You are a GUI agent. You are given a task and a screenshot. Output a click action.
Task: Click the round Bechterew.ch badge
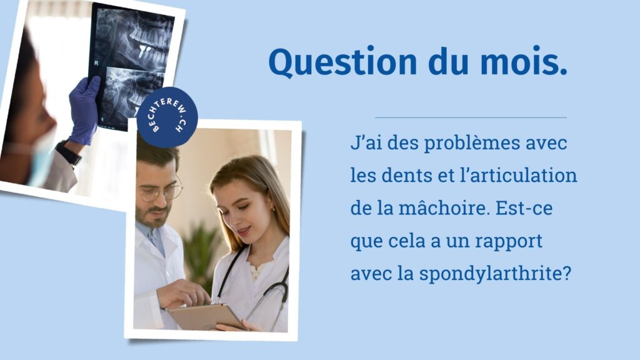coord(167,117)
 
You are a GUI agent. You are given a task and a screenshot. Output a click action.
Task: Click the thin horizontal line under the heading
coord(471,117)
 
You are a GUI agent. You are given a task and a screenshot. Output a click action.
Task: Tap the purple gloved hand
coord(84,110)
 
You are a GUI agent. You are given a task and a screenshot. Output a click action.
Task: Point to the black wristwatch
coord(68,152)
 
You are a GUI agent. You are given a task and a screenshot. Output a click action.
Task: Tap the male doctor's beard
coord(154,216)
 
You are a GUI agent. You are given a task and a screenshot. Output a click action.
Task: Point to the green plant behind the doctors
coord(200,253)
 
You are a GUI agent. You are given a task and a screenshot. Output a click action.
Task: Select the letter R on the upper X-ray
coord(96,63)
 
